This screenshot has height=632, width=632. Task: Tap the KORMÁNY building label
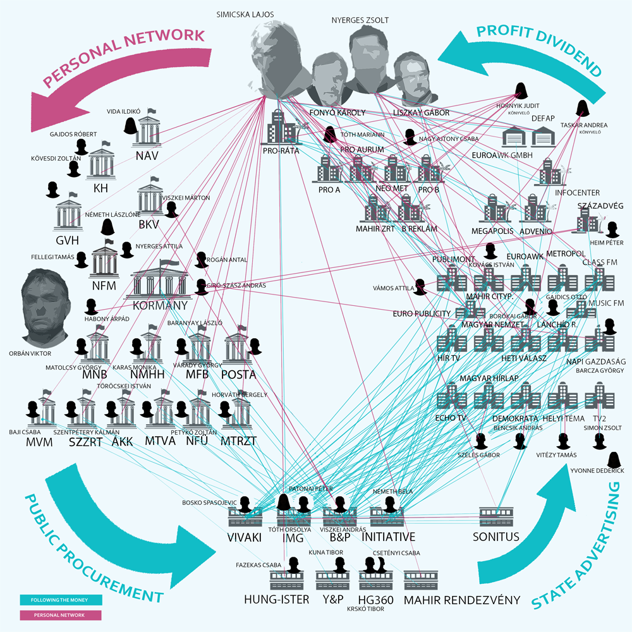point(160,306)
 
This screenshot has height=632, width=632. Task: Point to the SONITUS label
point(495,537)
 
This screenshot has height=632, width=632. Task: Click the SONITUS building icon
point(495,516)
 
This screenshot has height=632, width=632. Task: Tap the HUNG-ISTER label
point(277,599)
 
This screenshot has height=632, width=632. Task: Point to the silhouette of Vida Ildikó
point(131,126)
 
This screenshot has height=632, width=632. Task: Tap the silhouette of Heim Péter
point(611,229)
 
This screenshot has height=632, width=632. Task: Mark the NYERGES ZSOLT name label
point(360,20)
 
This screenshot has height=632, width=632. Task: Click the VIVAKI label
point(245,537)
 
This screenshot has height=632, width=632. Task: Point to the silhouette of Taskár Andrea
point(582,107)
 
